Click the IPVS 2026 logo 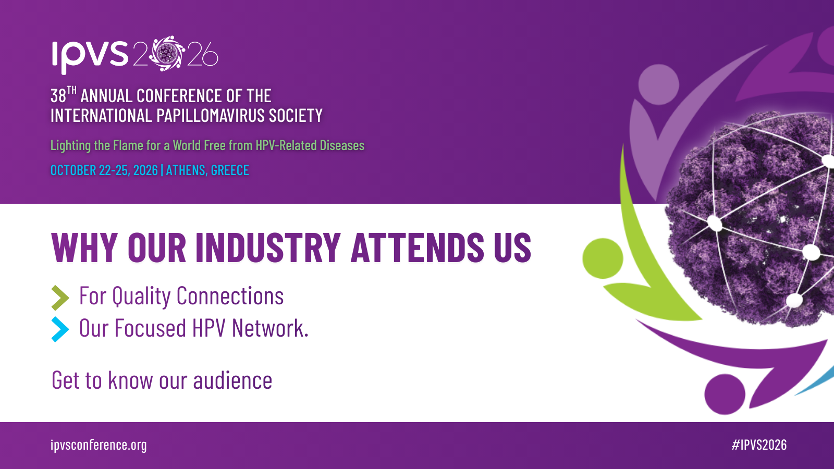[135, 55]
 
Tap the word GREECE [230, 170]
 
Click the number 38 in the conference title [58, 96]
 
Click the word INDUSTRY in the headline [268, 248]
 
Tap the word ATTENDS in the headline [418, 248]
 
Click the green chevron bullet [60, 298]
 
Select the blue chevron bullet [60, 329]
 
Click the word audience [232, 380]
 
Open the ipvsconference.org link [99, 445]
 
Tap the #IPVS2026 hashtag [759, 445]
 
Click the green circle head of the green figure [603, 258]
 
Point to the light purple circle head [659, 84]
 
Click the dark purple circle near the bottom [725, 394]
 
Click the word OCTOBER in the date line [73, 170]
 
